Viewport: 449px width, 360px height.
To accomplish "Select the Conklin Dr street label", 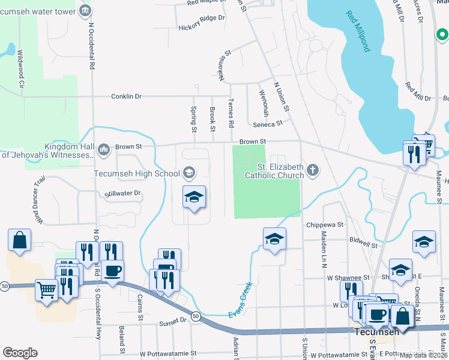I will pyautogui.click(x=126, y=96).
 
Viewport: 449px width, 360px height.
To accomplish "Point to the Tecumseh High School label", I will pyautogui.click(x=137, y=173).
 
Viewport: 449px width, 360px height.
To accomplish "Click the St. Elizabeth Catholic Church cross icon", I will pyautogui.click(x=312, y=170).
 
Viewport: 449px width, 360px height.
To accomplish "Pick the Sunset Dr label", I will pyautogui.click(x=172, y=321).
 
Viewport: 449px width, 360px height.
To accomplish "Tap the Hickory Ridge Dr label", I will pyautogui.click(x=202, y=27).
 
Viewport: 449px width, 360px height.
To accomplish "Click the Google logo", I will pyautogui.click(x=20, y=353).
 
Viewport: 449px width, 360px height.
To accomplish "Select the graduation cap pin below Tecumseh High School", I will pyautogui.click(x=194, y=197).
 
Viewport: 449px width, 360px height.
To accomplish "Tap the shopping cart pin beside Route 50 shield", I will pyautogui.click(x=46, y=290).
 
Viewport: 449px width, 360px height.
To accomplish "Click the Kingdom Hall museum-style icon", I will pyautogui.click(x=104, y=148).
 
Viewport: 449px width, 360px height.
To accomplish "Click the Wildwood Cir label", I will pyautogui.click(x=20, y=69).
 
